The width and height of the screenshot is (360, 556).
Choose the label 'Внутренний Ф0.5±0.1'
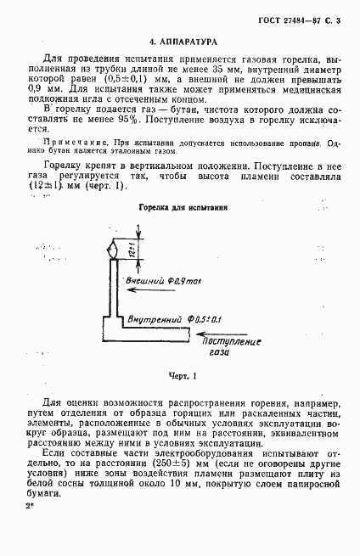(x=173, y=319)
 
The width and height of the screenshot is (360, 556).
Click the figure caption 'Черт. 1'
(x=181, y=375)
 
